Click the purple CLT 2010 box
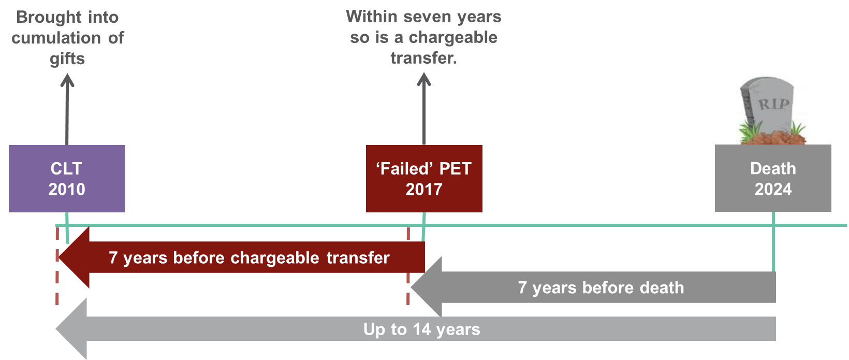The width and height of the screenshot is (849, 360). pyautogui.click(x=67, y=178)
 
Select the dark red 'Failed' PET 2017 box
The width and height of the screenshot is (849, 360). pyautogui.click(x=424, y=178)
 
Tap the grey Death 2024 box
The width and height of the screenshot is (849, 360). pyautogui.click(x=773, y=178)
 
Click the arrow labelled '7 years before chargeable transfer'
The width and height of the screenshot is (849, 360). pyautogui.click(x=241, y=257)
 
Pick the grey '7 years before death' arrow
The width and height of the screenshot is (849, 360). pyautogui.click(x=593, y=287)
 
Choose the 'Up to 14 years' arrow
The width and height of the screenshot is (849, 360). pyautogui.click(x=416, y=329)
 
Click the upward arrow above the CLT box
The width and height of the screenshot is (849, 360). pyautogui.click(x=67, y=109)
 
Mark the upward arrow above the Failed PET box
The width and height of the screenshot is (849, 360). pyautogui.click(x=424, y=109)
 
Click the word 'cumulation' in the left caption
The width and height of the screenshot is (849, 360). pyautogui.click(x=56, y=38)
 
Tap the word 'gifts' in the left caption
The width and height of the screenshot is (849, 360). pyautogui.click(x=67, y=59)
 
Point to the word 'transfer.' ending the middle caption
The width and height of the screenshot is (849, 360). pyautogui.click(x=424, y=58)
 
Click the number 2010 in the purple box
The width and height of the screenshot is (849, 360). pyautogui.click(x=67, y=189)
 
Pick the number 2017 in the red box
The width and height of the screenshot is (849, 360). pyautogui.click(x=424, y=189)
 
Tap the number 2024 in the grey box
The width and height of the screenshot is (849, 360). pyautogui.click(x=773, y=189)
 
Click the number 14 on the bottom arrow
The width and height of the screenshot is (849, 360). pyautogui.click(x=422, y=329)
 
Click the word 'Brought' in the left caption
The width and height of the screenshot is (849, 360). pyautogui.click(x=49, y=18)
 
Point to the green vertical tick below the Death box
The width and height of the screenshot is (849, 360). pyautogui.click(x=773, y=242)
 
